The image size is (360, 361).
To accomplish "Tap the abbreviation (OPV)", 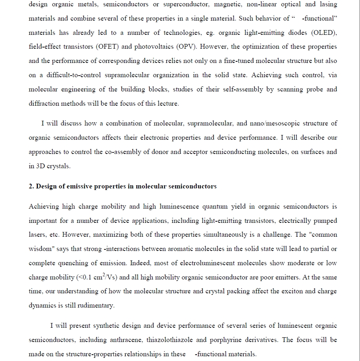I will [184, 47].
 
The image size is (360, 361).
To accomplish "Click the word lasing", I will [328, 4].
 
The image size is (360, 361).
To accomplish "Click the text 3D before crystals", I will [41, 166].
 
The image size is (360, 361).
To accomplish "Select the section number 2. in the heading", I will [32, 186].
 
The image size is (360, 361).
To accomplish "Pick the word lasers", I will [38, 235].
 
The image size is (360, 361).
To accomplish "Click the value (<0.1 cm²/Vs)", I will [97, 277].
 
